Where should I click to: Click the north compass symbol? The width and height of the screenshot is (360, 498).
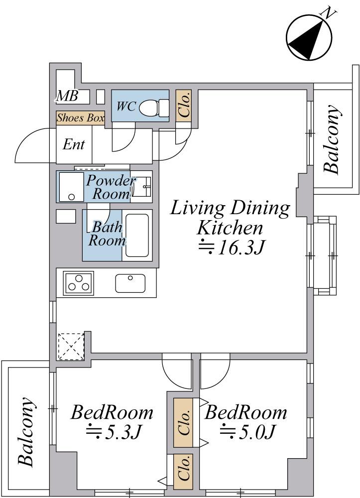[309, 37]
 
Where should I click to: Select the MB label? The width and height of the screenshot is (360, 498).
[67, 96]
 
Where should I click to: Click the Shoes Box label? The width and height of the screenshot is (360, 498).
[81, 118]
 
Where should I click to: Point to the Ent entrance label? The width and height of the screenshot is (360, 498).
[74, 144]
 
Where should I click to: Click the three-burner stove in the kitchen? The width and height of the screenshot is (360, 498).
[78, 283]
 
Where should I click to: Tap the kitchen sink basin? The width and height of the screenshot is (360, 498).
[130, 283]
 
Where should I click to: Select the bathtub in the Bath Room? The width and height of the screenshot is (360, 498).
[137, 236]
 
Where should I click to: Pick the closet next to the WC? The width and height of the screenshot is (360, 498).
[184, 106]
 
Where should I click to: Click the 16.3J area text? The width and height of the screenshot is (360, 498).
[232, 249]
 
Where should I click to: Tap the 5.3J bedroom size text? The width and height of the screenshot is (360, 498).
[113, 431]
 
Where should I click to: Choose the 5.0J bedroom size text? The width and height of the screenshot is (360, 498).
[246, 431]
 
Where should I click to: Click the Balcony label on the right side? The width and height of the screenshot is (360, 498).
[332, 139]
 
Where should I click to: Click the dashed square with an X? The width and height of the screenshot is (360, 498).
[71, 347]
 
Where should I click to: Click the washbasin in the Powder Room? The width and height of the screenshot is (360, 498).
[141, 186]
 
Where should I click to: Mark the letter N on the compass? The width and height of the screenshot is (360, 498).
[329, 13]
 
